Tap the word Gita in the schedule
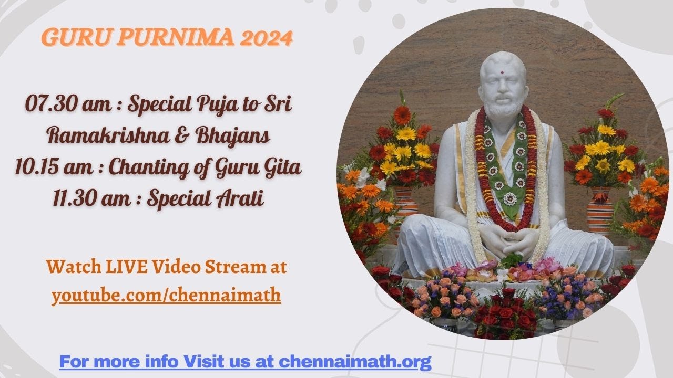coord(282,168)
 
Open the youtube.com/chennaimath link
coord(166,296)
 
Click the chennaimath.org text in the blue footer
coord(355,362)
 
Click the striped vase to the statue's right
coord(600,210)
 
